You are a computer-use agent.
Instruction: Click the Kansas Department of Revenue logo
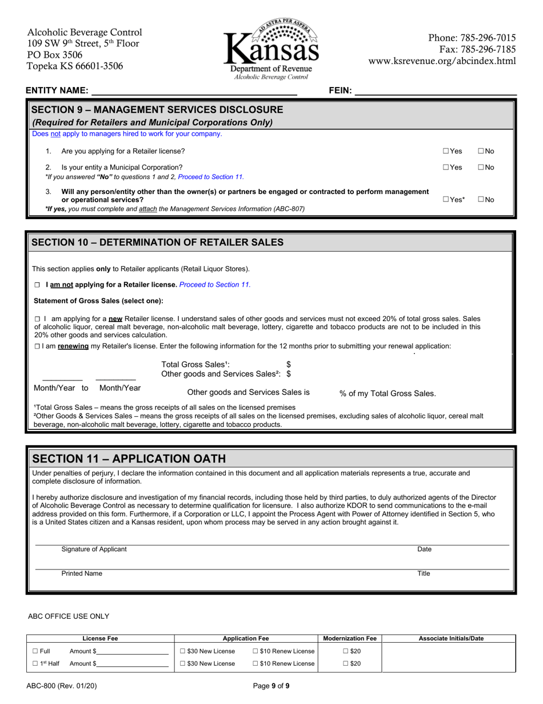[x=271, y=49]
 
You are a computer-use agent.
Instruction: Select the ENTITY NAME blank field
[x=194, y=90]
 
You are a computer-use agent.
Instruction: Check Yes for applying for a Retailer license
[x=446, y=151]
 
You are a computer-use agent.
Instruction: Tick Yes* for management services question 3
[x=446, y=200]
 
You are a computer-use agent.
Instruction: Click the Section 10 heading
[x=157, y=242]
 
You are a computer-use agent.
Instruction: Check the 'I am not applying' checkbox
[x=37, y=284]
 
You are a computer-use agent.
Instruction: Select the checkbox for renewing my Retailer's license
[x=37, y=346]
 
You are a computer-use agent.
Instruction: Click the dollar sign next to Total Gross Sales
[x=289, y=364]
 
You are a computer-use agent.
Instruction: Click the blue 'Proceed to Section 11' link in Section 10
[x=215, y=284]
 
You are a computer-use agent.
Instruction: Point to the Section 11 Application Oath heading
[x=129, y=458]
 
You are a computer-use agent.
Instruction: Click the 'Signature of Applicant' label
[x=94, y=549]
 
